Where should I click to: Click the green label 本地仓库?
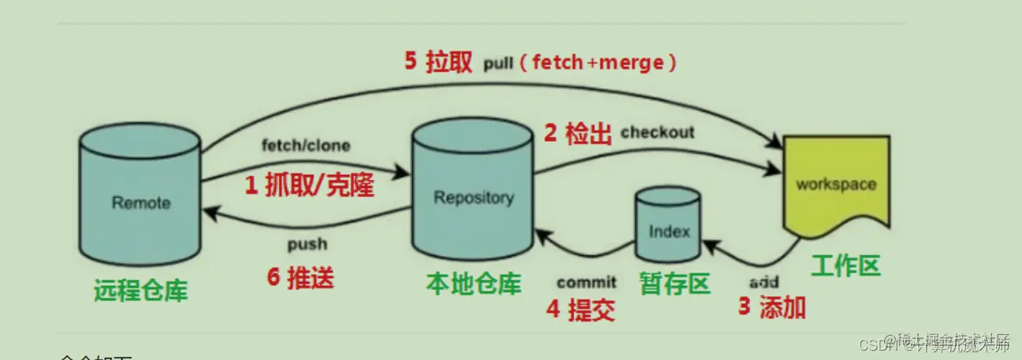474,283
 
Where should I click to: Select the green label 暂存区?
675,283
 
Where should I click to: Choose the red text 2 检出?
578,134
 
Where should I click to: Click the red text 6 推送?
301,277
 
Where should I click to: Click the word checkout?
658,132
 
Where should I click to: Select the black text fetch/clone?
306,146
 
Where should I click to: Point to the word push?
307,244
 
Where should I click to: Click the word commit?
586,283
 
